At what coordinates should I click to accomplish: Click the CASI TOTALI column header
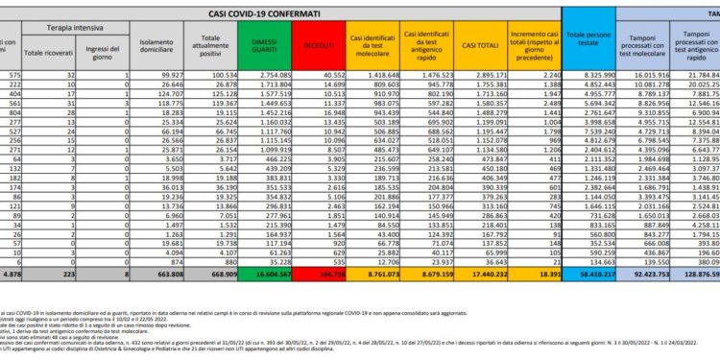click(476, 43)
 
